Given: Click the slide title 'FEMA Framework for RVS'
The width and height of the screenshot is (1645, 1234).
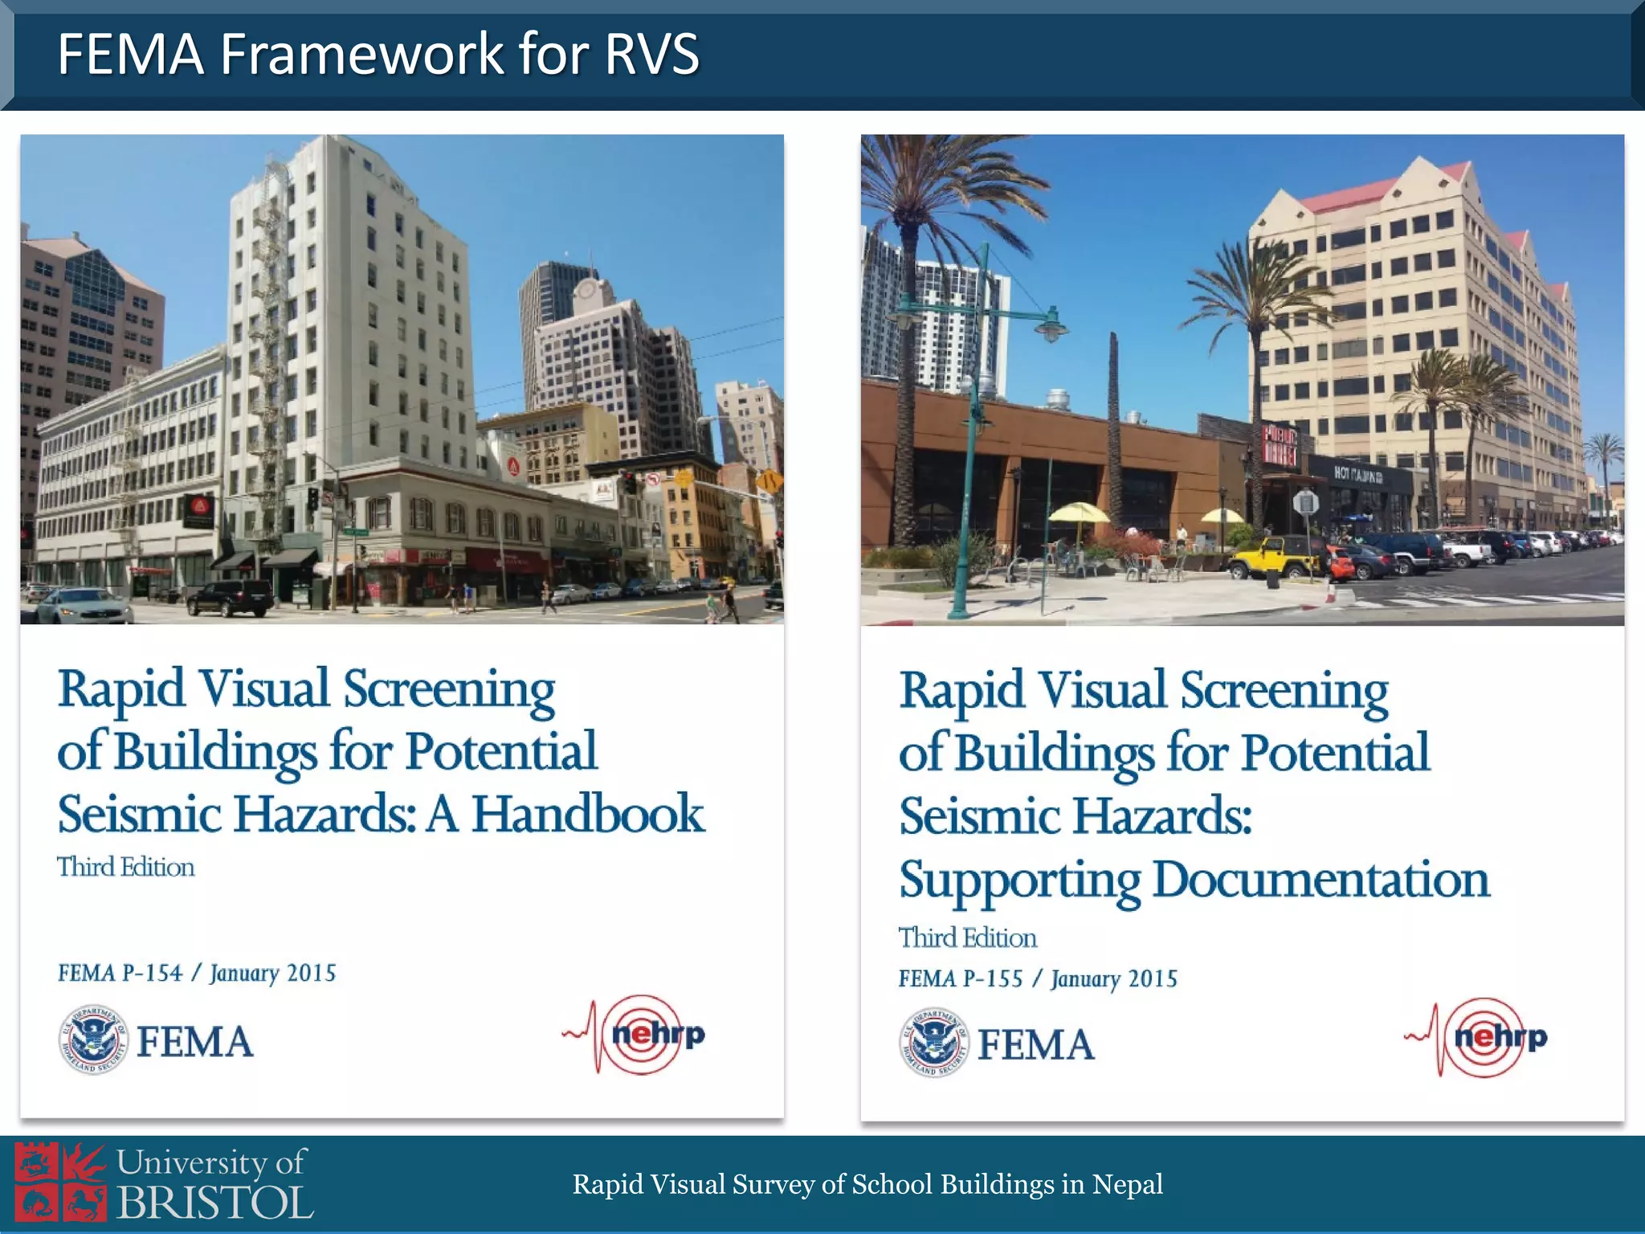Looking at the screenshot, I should click(x=378, y=54).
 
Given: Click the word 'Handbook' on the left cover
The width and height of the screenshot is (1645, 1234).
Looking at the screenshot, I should click(x=588, y=814).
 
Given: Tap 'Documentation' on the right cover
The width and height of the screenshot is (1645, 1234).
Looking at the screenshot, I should click(x=1321, y=879).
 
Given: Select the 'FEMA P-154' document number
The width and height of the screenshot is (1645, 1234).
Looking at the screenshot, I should click(x=120, y=973).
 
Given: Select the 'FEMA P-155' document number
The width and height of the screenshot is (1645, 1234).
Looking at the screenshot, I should click(x=961, y=979).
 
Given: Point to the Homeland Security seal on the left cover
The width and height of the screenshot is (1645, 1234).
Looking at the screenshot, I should click(x=93, y=1040).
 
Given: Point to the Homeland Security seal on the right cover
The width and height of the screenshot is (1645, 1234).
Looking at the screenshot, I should click(x=933, y=1043).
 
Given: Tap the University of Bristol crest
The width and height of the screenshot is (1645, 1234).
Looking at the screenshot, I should click(x=60, y=1184).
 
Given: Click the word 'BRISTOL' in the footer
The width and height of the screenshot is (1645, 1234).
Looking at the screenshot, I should click(x=214, y=1203).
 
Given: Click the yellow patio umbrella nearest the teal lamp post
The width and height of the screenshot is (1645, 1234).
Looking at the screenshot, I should click(x=1079, y=513).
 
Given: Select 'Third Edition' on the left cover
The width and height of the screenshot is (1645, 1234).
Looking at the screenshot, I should click(x=126, y=867).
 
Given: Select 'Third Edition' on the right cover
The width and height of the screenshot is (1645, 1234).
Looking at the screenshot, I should click(x=967, y=938).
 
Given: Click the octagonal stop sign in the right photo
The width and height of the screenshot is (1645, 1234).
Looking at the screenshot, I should click(x=1305, y=504).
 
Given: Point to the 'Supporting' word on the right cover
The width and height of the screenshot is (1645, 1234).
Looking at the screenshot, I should click(x=1018, y=881).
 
